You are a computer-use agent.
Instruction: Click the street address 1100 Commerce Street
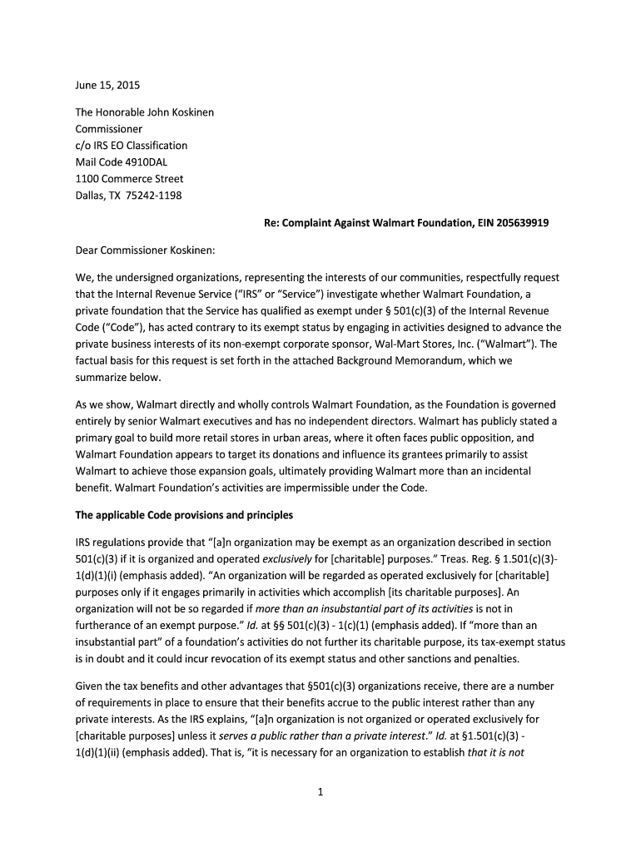pyautogui.click(x=129, y=179)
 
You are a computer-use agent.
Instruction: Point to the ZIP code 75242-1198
pyautogui.click(x=153, y=196)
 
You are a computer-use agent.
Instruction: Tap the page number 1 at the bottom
pyautogui.click(x=320, y=793)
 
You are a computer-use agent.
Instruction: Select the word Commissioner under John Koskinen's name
pyautogui.click(x=109, y=129)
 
